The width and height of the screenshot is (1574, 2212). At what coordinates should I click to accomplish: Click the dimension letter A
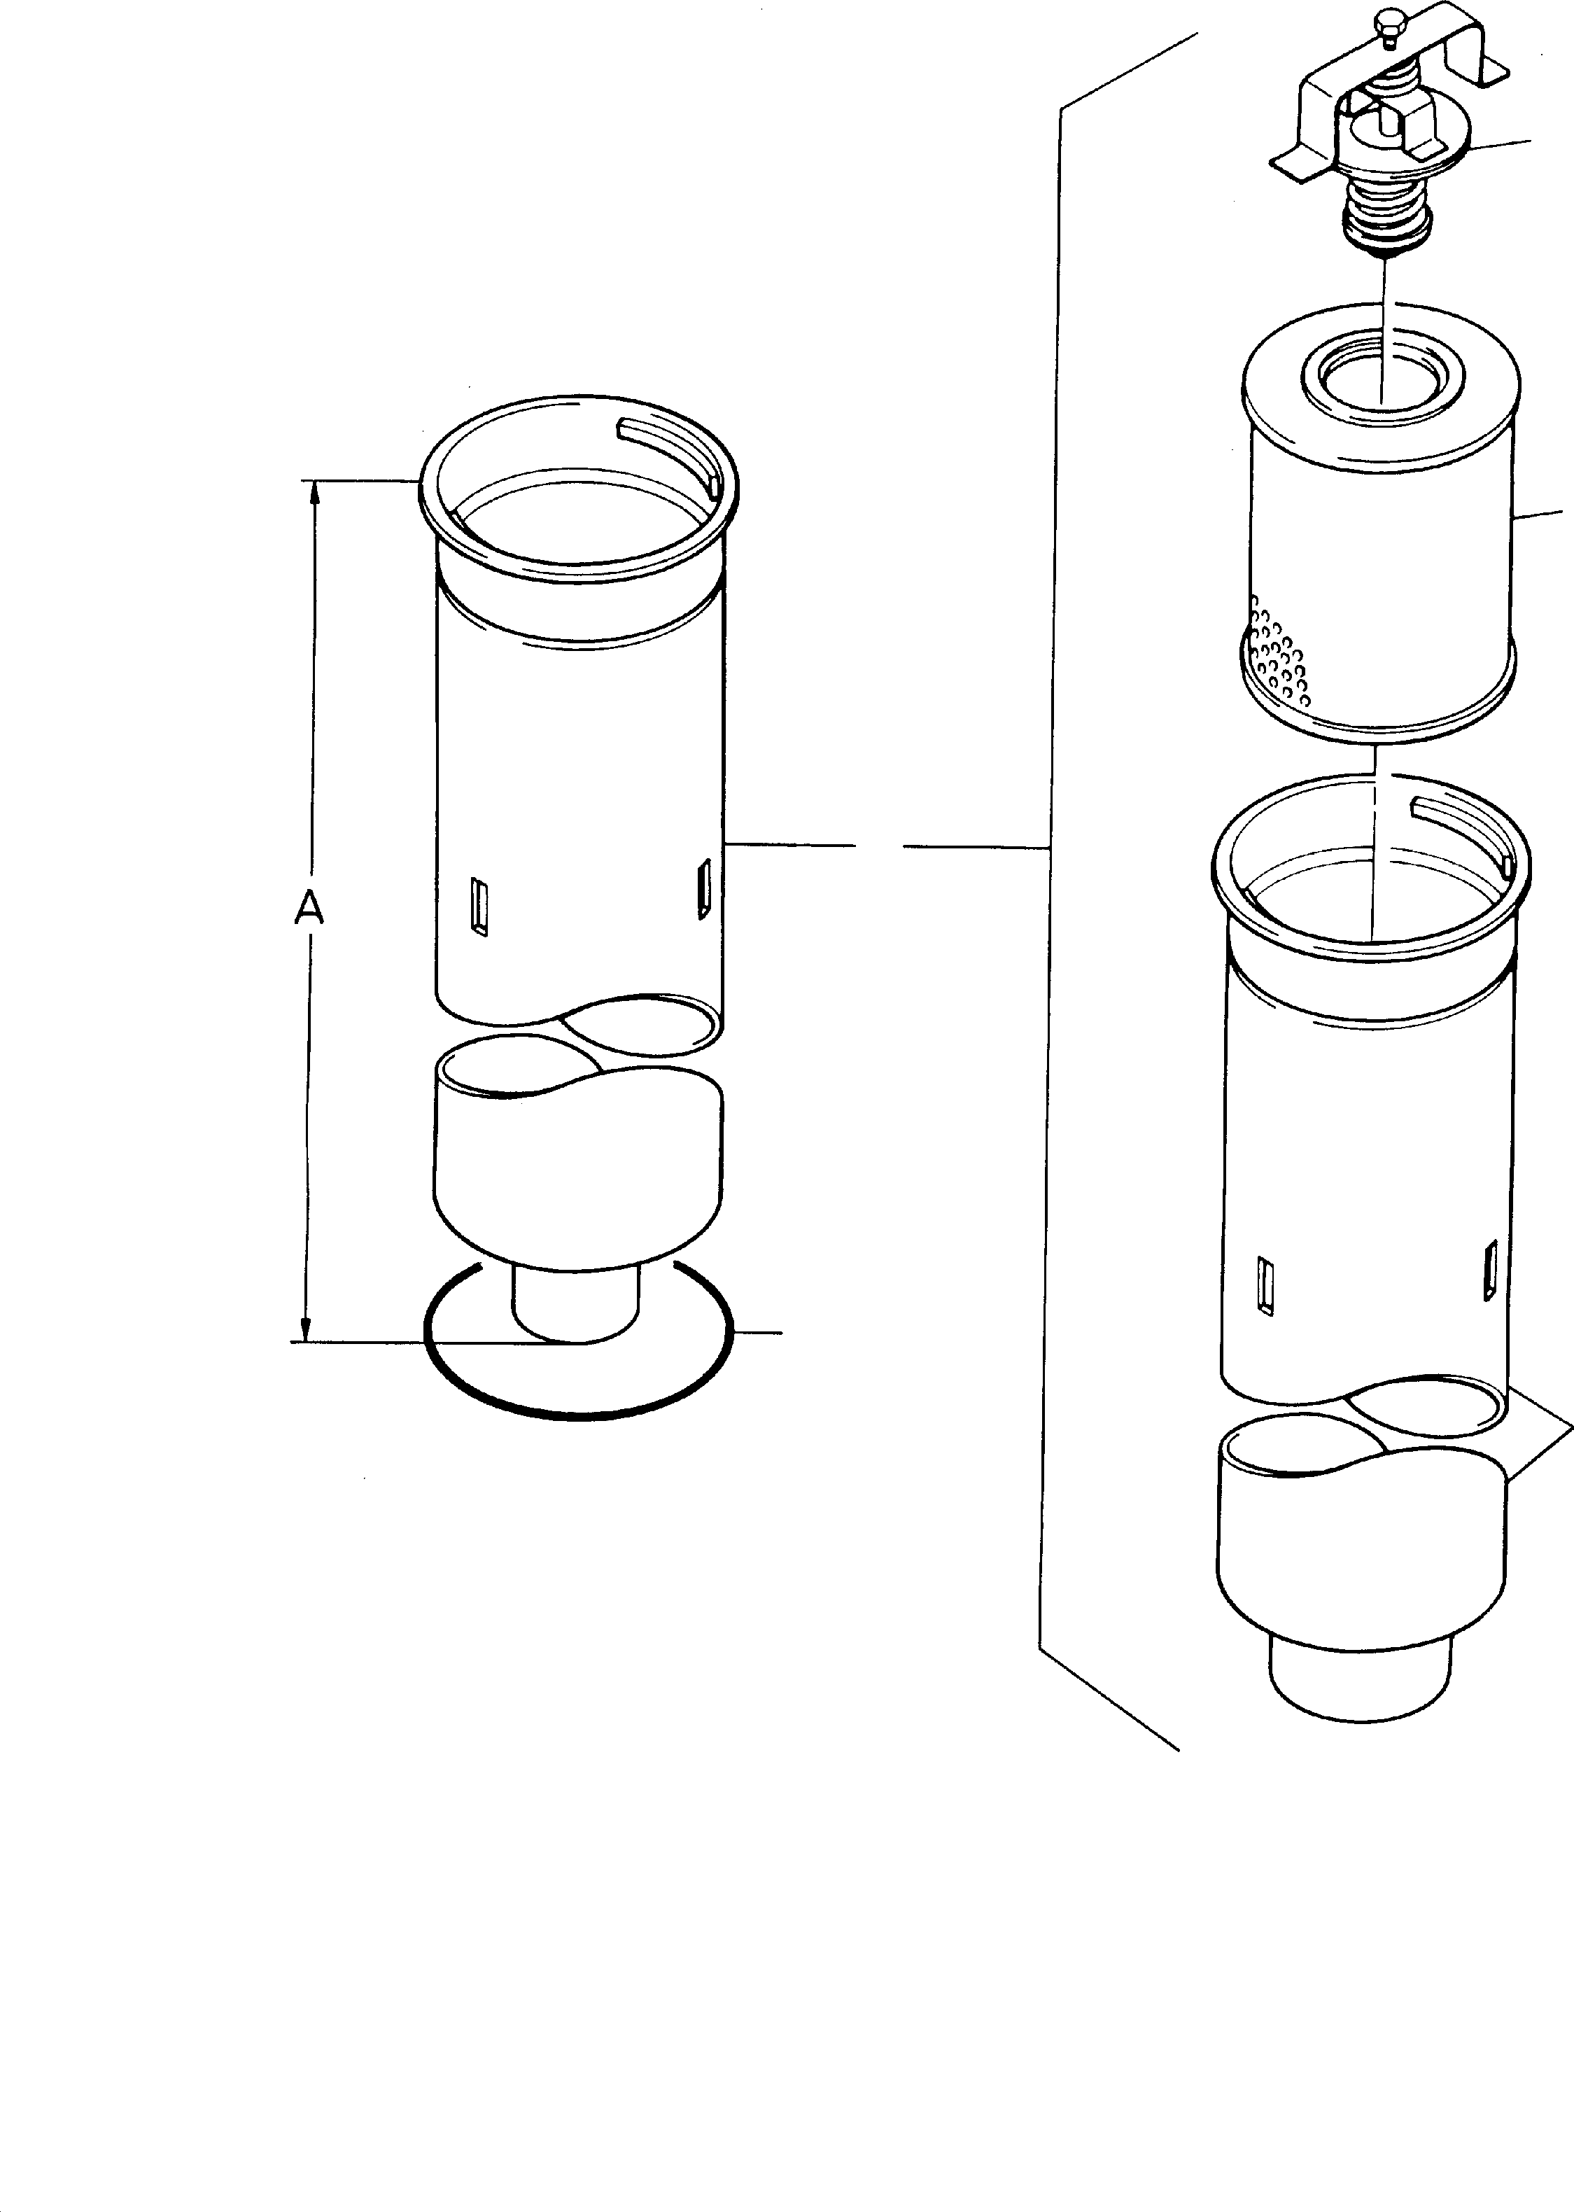coord(308,909)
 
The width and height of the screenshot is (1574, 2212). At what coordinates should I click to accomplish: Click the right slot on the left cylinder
coord(705,885)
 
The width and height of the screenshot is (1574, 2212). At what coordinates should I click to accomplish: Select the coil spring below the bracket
coord(1388,209)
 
